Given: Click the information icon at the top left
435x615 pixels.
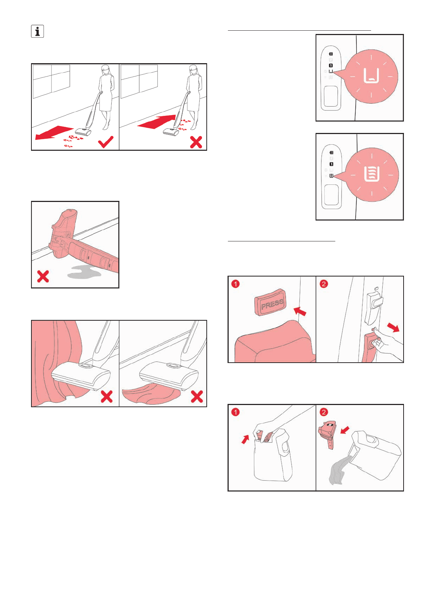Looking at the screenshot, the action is pyautogui.click(x=37, y=31).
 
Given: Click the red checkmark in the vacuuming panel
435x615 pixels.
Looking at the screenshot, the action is pyautogui.click(x=106, y=142).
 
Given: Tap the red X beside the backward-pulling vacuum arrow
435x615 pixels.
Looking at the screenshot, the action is pyautogui.click(x=196, y=142).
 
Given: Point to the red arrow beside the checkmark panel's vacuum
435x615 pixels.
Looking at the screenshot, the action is pyautogui.click(x=54, y=132).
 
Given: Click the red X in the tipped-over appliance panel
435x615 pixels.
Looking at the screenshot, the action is pyautogui.click(x=43, y=276).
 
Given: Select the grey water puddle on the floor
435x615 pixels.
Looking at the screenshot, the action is pyautogui.click(x=84, y=272).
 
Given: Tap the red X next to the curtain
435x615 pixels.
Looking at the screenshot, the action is pyautogui.click(x=107, y=397).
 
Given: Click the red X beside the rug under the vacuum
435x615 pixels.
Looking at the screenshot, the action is pyautogui.click(x=196, y=397).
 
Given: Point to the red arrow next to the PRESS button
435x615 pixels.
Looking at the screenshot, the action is pyautogui.click(x=300, y=312).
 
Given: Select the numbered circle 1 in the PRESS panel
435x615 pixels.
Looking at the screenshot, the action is pyautogui.click(x=235, y=284).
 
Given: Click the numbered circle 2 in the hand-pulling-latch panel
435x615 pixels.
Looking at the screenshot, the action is pyautogui.click(x=324, y=284).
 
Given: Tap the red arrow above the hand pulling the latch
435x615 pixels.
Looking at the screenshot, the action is pyautogui.click(x=393, y=327).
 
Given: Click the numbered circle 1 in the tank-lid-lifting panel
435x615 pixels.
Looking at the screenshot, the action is pyautogui.click(x=235, y=412).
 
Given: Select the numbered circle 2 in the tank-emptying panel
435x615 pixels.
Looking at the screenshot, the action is pyautogui.click(x=324, y=412).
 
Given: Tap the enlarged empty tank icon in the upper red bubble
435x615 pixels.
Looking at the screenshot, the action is pyautogui.click(x=371, y=76).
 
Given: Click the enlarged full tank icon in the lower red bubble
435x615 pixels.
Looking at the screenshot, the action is pyautogui.click(x=372, y=173).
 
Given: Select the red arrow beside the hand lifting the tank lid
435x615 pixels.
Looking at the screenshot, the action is pyautogui.click(x=245, y=439).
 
